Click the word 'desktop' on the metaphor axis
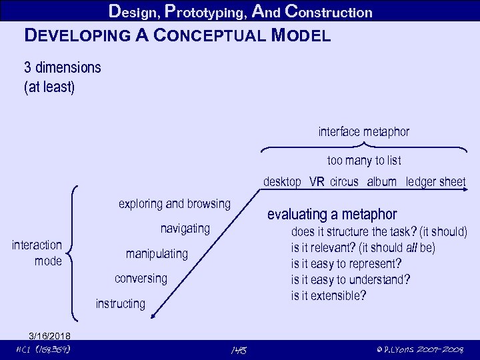click(x=282, y=181)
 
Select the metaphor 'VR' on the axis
click(x=317, y=181)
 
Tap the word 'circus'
click(x=344, y=181)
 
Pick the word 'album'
click(x=381, y=181)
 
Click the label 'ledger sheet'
click(x=435, y=181)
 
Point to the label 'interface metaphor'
click(x=363, y=132)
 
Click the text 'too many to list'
click(x=363, y=161)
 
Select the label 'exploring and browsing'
click(x=174, y=203)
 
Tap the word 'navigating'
click(x=185, y=229)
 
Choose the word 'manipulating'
click(x=157, y=254)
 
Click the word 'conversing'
click(x=141, y=278)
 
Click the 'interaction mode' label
click(x=37, y=253)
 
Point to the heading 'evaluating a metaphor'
click(x=331, y=215)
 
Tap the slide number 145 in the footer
click(x=238, y=349)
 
